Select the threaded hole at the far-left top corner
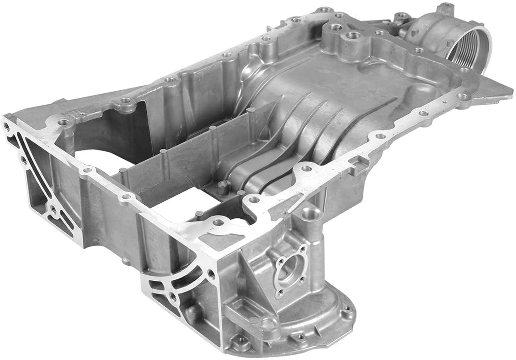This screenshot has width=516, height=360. pos(6,125)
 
